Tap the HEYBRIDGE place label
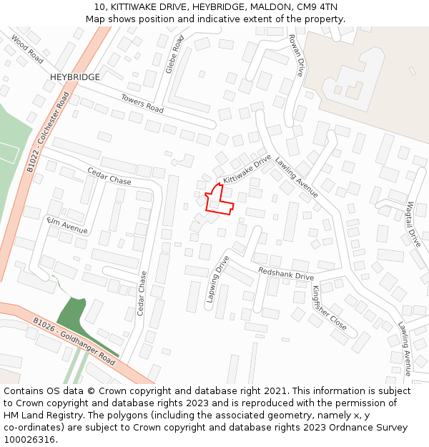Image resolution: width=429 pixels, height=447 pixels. click(x=74, y=77)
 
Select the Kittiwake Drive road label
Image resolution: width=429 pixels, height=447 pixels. click(x=247, y=169)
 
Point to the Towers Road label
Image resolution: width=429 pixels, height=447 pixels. click(x=142, y=104)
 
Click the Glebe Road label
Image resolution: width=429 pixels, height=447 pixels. click(x=174, y=54)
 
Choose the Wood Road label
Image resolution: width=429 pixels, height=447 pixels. click(x=27, y=50)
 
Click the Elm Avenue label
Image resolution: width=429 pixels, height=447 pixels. click(x=66, y=225)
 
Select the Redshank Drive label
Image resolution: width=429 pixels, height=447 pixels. click(x=286, y=274)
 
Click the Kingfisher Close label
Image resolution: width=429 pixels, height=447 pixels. click(x=329, y=308)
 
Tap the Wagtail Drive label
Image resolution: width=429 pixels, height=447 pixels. click(x=413, y=224)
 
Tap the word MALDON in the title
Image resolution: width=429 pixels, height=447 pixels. click(x=259, y=7)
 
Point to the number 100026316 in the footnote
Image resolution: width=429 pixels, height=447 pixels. click(x=30, y=439)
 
